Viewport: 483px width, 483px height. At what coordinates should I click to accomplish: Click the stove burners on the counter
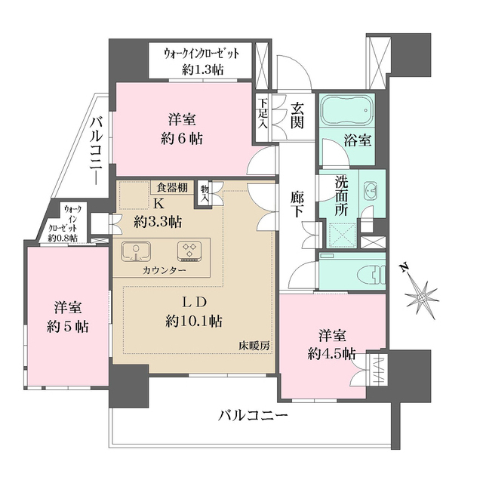click(189, 251)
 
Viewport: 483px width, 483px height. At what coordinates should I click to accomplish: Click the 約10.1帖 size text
click(193, 321)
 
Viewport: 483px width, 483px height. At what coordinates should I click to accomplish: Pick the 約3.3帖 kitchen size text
click(157, 222)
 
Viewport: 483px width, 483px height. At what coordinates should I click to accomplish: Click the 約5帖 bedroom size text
click(68, 326)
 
